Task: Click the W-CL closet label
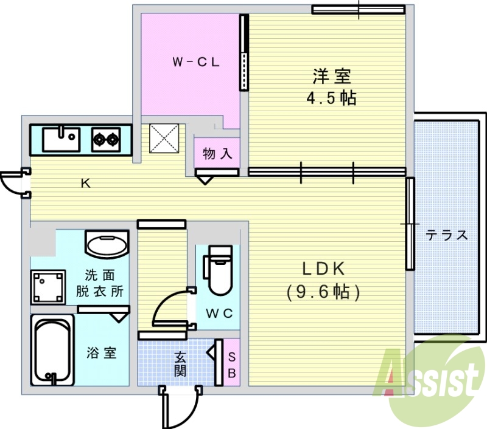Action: [x=196, y=62]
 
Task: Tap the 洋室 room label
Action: [x=331, y=76]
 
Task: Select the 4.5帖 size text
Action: [x=331, y=98]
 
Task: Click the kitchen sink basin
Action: [x=61, y=139]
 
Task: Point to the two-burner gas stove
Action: [x=106, y=140]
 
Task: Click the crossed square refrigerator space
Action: [x=164, y=139]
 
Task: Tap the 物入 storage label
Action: [x=217, y=154]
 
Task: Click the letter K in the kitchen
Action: [x=85, y=183]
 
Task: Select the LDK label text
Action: [x=323, y=269]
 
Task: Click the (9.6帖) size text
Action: [x=323, y=292]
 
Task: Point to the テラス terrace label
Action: [x=447, y=235]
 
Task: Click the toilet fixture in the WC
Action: [x=218, y=270]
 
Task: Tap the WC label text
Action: [x=219, y=314]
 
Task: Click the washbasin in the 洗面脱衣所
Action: [x=107, y=244]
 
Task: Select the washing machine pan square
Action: [x=48, y=287]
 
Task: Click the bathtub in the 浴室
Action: [x=52, y=350]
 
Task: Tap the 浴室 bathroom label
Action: [x=101, y=353]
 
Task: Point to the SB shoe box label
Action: [x=232, y=365]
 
